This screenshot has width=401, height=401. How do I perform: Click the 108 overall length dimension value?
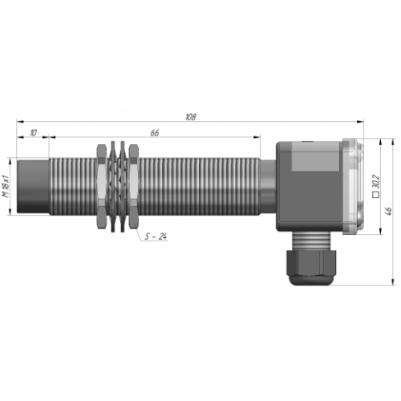point(191,117)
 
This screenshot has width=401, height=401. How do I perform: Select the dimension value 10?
point(33,132)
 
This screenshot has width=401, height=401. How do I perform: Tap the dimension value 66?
point(155,132)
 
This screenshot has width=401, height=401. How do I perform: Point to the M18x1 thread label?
point(6,186)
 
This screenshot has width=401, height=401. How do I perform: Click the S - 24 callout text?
point(156,237)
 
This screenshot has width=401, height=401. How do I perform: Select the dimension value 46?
point(389,211)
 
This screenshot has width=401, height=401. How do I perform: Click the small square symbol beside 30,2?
point(376,195)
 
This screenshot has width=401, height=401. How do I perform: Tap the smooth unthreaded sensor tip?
point(33,186)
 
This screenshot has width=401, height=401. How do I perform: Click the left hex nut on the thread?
point(101,186)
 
